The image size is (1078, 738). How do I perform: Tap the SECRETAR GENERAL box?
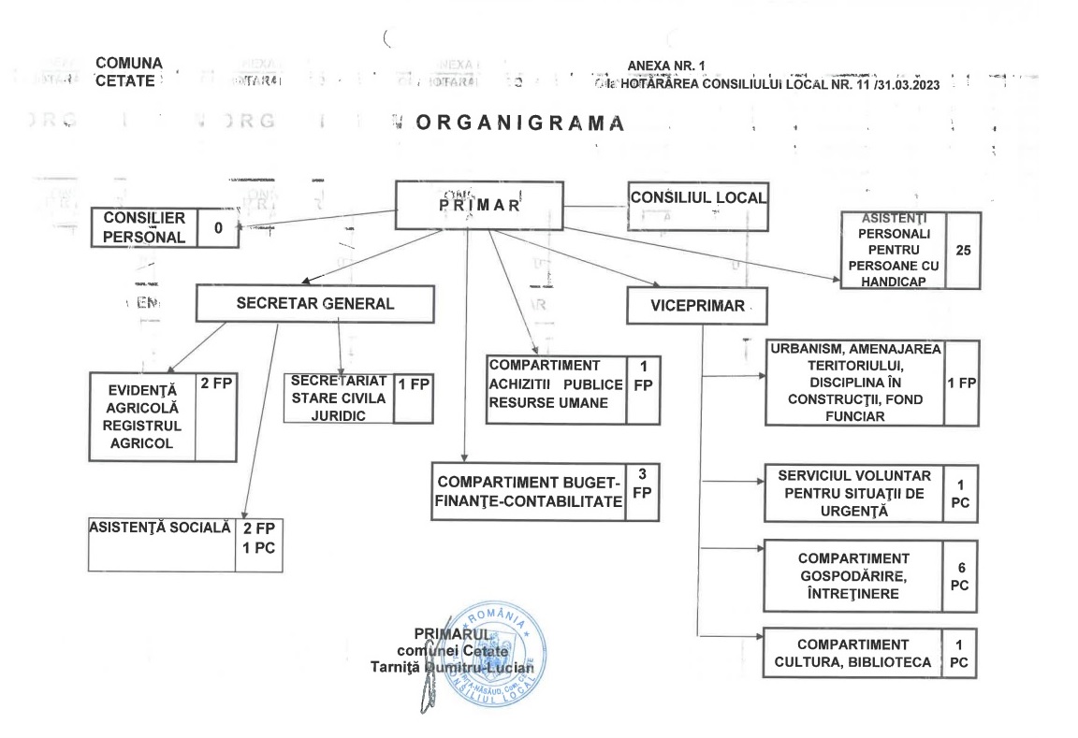315,304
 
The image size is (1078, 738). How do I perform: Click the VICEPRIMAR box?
698,305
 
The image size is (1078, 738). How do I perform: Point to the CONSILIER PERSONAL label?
144,227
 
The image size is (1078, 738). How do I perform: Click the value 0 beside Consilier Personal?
217,227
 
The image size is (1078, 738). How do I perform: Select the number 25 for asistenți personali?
963,251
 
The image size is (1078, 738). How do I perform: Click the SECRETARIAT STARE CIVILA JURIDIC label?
338,398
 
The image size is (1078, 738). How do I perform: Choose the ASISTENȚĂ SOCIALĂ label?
160,528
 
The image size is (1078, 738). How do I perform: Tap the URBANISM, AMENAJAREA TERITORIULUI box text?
855,383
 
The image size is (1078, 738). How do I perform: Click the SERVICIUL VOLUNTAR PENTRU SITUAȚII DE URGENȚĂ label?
852,493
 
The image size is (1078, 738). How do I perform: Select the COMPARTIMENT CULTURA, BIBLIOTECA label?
852,653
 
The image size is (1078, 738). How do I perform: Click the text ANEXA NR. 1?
667,65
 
